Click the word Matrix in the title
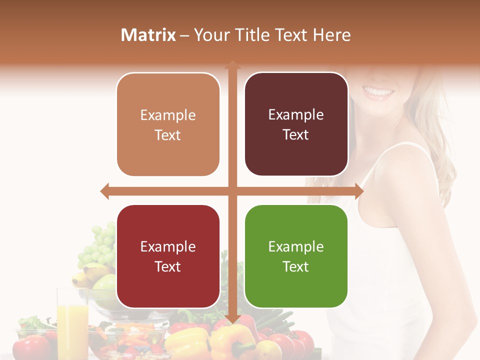(x=148, y=35)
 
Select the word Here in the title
(x=332, y=35)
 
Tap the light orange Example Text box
(x=168, y=124)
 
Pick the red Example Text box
(x=168, y=256)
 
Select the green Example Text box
(x=296, y=256)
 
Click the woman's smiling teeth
(x=378, y=92)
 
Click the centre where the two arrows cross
(x=232, y=191)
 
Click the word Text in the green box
(x=296, y=266)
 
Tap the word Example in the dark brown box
(x=296, y=114)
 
